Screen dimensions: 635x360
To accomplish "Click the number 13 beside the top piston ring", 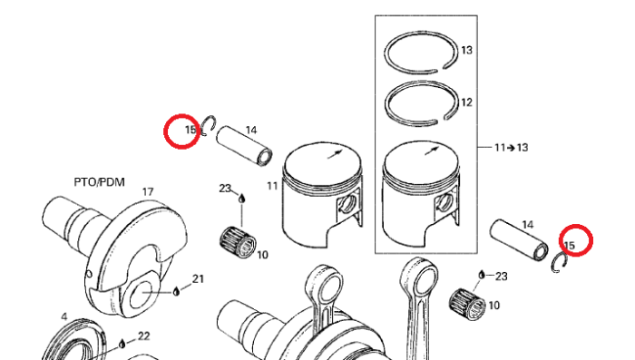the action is [466, 50].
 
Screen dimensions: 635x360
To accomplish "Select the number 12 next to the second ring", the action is [466, 102].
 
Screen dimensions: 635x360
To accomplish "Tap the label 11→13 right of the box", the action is [511, 148].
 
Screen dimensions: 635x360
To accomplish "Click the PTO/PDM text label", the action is [99, 182].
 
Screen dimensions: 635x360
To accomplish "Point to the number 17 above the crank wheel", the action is [148, 191].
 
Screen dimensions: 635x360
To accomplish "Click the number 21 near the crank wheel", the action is [198, 279].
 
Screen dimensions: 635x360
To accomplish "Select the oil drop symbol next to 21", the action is [176, 291].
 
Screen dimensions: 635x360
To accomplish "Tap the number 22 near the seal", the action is [143, 336].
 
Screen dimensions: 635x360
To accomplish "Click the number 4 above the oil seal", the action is [64, 316].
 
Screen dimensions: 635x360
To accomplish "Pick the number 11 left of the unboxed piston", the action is [272, 186].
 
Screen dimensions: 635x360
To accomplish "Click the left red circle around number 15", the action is [181, 131].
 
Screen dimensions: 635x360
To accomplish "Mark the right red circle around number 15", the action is [576, 240].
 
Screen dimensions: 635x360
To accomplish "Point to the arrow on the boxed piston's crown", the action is [432, 151].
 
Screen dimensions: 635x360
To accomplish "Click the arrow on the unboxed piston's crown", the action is [336, 154].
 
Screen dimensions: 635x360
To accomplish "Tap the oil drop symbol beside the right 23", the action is [482, 275].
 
